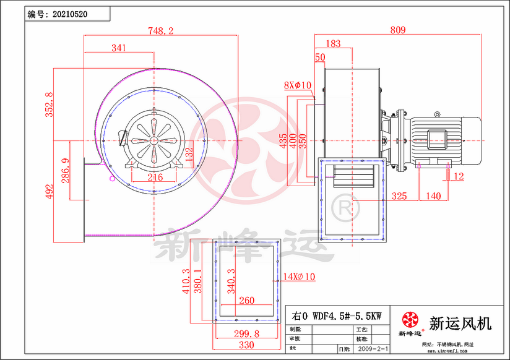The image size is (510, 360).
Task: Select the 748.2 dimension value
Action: click(161, 30)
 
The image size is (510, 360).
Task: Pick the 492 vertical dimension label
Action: click(50, 192)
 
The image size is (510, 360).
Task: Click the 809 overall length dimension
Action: click(398, 30)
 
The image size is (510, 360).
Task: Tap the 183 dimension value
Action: click(332, 43)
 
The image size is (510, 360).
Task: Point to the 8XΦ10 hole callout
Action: click(297, 85)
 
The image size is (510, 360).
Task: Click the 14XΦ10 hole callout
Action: click(299, 276)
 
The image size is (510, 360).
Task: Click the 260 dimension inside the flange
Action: click(246, 301)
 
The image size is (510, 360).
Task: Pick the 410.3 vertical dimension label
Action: click(185, 281)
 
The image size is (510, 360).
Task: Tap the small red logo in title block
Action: click(410, 320)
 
